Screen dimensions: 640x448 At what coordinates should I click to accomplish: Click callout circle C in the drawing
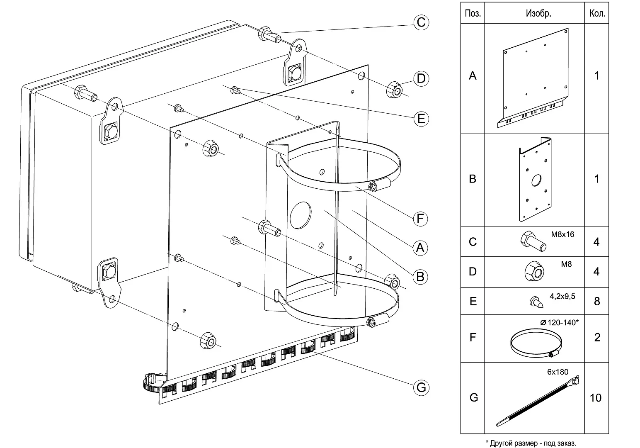[x=421, y=22]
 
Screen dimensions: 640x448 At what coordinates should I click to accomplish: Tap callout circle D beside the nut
[x=421, y=78]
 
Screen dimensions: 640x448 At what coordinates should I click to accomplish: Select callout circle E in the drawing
[x=421, y=119]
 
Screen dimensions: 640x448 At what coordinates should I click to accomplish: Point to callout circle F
[x=420, y=219]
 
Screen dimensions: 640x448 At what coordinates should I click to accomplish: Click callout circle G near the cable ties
[x=421, y=387]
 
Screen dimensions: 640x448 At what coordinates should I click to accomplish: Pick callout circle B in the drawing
[x=420, y=276]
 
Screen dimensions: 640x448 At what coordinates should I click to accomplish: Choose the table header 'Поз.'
[x=473, y=13]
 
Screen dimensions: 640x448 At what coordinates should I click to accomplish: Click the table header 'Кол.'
[x=597, y=13]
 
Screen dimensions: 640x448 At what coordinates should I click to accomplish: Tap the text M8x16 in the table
[x=562, y=234]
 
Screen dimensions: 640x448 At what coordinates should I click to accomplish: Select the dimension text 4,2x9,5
[x=562, y=297]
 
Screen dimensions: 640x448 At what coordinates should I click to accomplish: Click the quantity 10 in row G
[x=596, y=398]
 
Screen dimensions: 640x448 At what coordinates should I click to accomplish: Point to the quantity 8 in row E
[x=597, y=301]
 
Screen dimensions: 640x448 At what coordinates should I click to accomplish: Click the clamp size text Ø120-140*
[x=560, y=322]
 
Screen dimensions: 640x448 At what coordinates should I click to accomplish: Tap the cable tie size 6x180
[x=558, y=372]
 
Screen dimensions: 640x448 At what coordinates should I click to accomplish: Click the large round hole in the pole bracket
[x=301, y=215]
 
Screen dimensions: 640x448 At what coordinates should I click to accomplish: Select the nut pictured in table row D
[x=535, y=271]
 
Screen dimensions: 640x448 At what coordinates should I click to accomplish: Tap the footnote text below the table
[x=531, y=443]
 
